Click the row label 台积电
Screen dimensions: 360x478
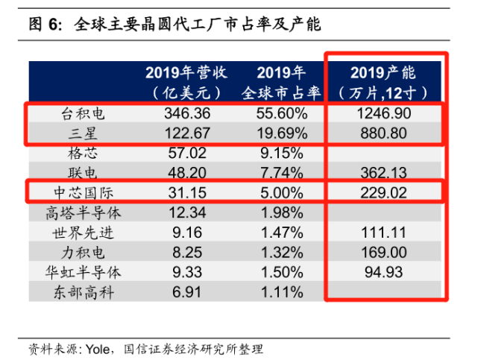pos(83,114)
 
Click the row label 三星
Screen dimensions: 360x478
pos(83,133)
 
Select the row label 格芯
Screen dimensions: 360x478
pos(83,154)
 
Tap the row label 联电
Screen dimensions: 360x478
pos(83,173)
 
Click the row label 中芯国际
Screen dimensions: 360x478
pos(83,192)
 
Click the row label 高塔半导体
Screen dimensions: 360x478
pos(83,212)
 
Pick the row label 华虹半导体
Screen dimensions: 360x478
pos(83,271)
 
